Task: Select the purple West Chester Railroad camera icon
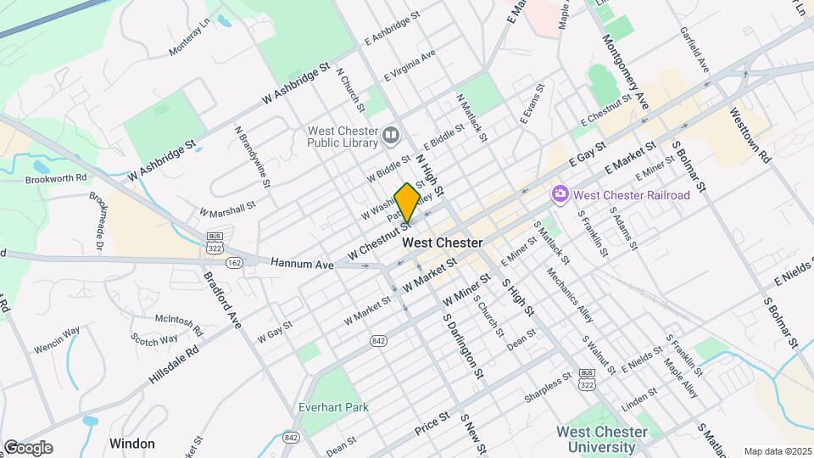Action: coord(560,195)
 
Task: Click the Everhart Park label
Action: coord(333,407)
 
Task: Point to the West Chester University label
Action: coord(601,438)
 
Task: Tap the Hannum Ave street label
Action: coord(303,265)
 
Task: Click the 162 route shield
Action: coord(235,264)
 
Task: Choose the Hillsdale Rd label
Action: coord(174,365)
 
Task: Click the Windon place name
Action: coord(131,444)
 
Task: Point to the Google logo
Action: coord(27,448)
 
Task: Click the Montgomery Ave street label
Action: coord(625,72)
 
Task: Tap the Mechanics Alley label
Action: coord(570,296)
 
